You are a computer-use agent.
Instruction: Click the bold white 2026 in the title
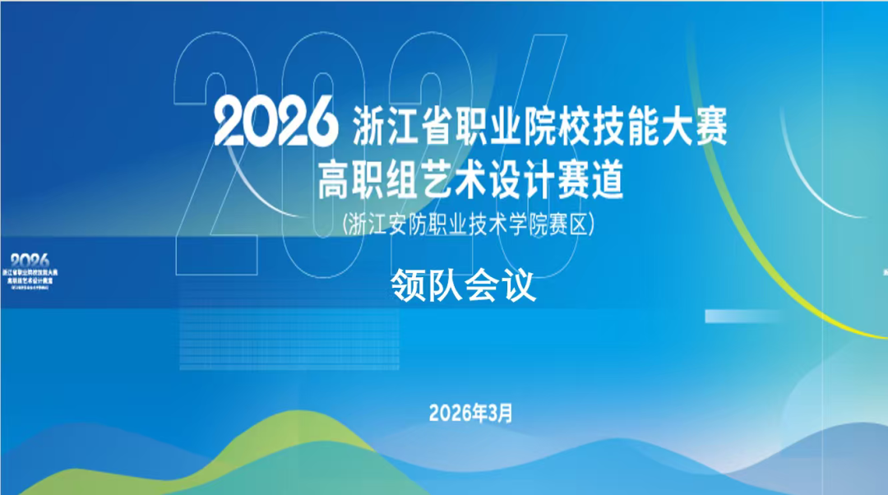(x=275, y=124)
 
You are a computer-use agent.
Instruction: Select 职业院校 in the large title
(x=524, y=125)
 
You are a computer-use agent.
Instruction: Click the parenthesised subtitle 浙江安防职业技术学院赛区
(x=466, y=224)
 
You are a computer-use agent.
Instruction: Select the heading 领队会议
(x=465, y=287)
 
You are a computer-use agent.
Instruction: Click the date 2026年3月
(x=470, y=413)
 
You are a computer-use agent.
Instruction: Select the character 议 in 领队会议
(x=520, y=287)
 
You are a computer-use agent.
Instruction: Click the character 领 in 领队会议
(x=409, y=287)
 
